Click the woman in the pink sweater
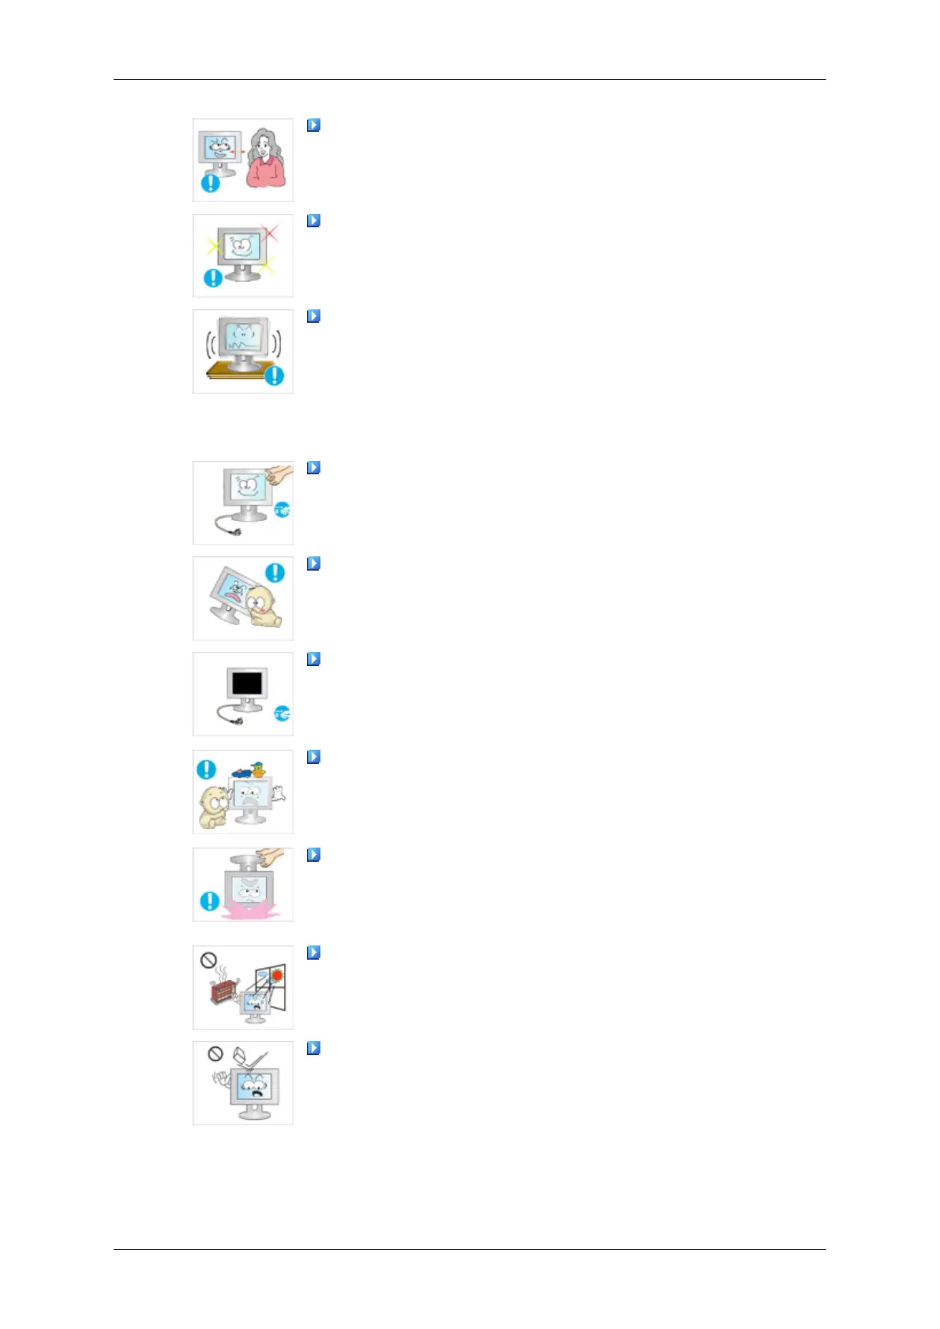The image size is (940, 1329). click(265, 161)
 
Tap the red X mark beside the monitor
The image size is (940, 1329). click(270, 233)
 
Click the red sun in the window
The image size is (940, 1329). click(277, 975)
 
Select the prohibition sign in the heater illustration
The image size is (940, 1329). click(208, 960)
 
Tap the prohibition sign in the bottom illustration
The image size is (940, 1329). click(215, 1054)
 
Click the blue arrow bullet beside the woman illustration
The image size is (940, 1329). click(313, 125)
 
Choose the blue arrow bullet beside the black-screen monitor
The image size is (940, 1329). click(313, 658)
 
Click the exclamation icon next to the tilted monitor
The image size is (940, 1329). click(275, 572)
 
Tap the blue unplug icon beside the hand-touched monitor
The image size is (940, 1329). click(282, 511)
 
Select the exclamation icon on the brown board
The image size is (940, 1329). click(274, 376)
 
